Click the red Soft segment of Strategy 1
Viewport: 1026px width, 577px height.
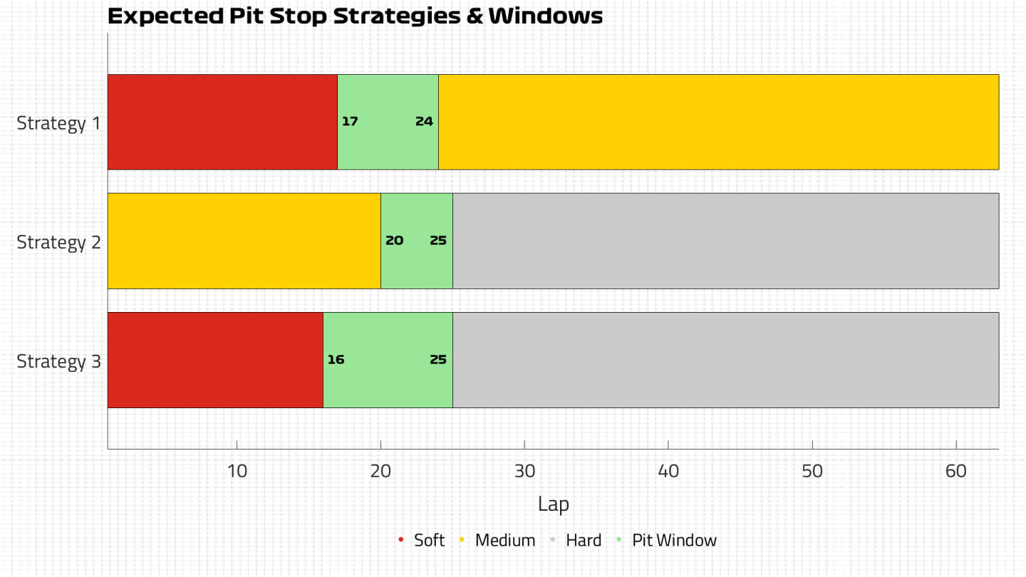[222, 122]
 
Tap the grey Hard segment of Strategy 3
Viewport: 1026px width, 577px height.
[725, 360]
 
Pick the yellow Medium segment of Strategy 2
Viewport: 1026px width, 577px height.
[244, 241]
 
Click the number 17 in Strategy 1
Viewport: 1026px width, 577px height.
[350, 121]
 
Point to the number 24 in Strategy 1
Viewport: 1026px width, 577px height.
[424, 121]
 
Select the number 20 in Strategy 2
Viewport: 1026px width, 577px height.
[394, 241]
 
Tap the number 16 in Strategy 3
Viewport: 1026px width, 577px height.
[336, 360]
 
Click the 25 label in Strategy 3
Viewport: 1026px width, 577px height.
[438, 360]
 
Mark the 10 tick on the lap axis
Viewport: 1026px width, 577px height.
[237, 471]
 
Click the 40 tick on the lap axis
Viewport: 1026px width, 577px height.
[668, 471]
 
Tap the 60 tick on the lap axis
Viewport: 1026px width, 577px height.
[956, 471]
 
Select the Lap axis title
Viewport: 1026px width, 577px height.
[553, 504]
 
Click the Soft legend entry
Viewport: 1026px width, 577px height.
[429, 540]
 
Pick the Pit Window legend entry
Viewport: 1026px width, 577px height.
[674, 540]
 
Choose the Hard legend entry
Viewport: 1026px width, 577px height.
[583, 540]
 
